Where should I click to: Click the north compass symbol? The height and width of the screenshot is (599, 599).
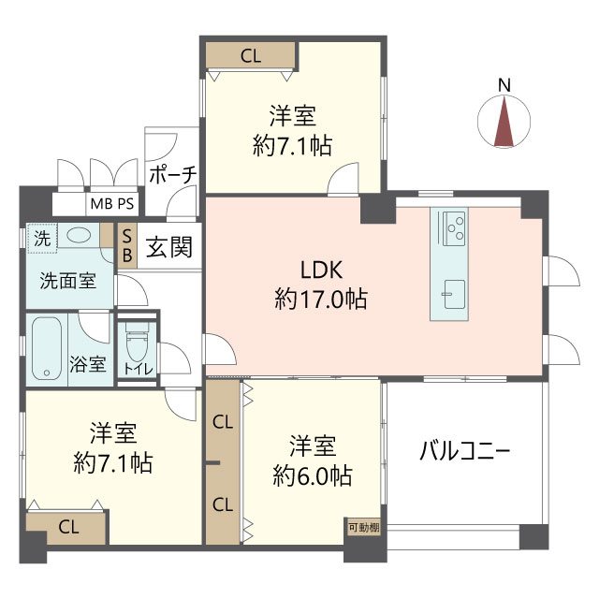(x=504, y=124)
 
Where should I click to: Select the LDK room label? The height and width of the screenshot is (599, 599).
(x=321, y=270)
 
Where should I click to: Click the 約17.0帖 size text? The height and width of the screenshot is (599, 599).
(x=321, y=299)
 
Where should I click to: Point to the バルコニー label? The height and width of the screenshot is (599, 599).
(x=464, y=451)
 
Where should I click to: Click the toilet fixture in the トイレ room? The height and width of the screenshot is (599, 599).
(x=136, y=345)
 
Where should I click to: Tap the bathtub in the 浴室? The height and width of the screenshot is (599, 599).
(x=48, y=347)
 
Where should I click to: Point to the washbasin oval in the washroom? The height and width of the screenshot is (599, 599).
(x=80, y=236)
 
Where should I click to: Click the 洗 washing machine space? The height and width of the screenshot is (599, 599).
(x=42, y=238)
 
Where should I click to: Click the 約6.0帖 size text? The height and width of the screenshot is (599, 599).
(x=313, y=475)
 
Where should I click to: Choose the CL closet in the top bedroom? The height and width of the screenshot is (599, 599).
(x=250, y=55)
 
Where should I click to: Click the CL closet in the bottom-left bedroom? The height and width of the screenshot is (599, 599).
(x=68, y=525)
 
